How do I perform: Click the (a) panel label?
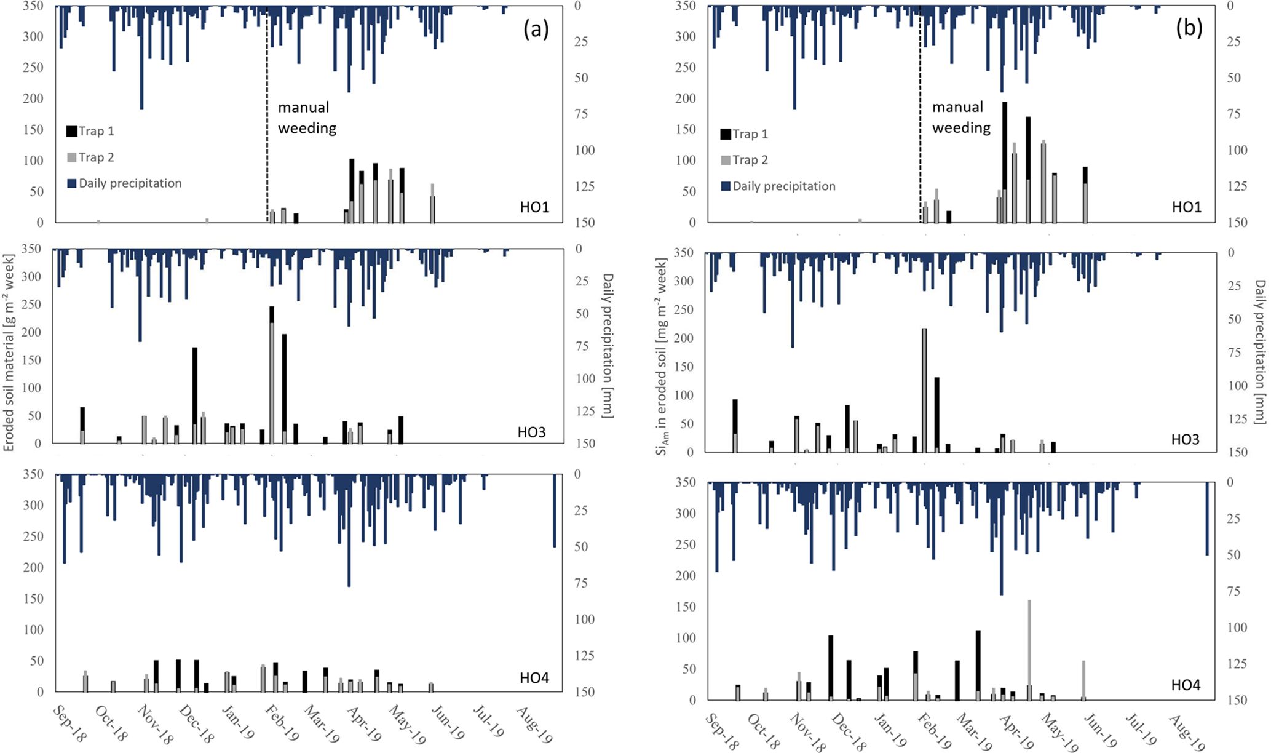click(536, 30)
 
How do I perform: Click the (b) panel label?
click(1189, 30)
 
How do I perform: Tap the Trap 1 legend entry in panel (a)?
click(90, 131)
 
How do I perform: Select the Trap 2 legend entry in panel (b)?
click(745, 161)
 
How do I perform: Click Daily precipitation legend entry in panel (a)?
click(124, 183)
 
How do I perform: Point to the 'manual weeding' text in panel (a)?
click(306, 118)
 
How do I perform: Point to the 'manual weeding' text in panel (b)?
click(960, 117)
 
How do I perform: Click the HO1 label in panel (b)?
click(1186, 207)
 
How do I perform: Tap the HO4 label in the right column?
click(1186, 685)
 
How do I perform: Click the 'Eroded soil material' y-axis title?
click(9, 346)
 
